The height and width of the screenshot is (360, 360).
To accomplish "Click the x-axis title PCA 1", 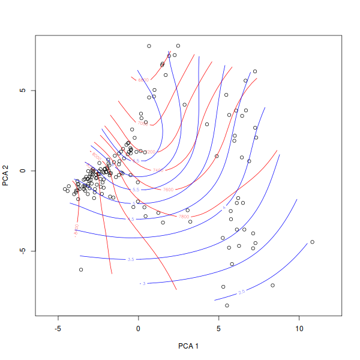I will point(188,346).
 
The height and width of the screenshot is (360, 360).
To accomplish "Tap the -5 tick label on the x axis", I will point(58,329).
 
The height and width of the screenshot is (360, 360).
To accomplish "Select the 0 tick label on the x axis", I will point(139,329).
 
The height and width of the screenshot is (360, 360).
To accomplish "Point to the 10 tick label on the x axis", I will point(299,329).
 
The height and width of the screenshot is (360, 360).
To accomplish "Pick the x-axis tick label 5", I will point(219,329).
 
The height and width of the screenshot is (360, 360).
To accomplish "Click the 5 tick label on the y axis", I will point(22,91).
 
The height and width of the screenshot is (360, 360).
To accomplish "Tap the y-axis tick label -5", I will point(22,251).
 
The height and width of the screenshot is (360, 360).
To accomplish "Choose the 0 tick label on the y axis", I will point(22,171).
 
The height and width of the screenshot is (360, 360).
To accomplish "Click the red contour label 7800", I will point(184,216).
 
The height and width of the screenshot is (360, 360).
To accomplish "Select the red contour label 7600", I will point(168,190).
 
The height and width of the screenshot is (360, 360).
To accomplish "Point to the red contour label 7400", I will point(158,170).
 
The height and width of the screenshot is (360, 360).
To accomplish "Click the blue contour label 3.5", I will point(131,259).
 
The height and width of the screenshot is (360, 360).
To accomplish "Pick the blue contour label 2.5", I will point(242,292).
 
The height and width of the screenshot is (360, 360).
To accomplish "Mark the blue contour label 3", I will point(143,283).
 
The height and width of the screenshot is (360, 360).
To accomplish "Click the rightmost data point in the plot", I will point(312,242).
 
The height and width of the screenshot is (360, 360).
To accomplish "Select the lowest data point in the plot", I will point(227,305).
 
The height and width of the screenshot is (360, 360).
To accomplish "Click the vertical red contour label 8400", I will point(76,230).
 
